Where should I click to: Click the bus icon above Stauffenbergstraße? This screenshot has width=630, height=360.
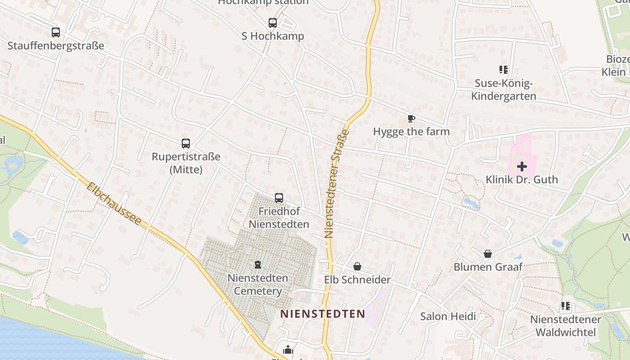(56, 32)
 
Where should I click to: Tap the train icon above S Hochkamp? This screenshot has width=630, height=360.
(273, 23)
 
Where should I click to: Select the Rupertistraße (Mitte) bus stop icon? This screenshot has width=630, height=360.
(186, 144)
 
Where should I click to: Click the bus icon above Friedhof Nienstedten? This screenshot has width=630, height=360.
(279, 198)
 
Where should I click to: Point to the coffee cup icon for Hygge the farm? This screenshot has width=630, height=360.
(411, 119)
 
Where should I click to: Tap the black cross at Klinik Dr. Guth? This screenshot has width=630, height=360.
(522, 166)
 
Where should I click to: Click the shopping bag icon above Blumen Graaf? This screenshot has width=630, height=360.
(487, 254)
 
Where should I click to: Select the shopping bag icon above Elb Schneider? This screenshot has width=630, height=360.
(357, 267)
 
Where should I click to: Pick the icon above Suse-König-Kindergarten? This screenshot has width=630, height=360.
(504, 70)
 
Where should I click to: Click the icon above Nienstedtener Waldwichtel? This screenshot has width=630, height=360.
(566, 306)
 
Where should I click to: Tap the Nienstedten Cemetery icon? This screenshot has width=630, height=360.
(258, 265)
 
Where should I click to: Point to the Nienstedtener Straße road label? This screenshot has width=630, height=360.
(337, 184)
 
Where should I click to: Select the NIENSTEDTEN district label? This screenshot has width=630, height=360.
(323, 314)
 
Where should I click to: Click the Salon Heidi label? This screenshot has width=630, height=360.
(448, 316)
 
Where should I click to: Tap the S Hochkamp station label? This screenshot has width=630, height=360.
(273, 36)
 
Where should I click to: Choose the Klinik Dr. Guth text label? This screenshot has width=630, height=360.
(522, 180)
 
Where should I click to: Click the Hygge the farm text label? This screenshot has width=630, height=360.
(411, 131)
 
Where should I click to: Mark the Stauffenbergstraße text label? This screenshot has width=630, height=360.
(56, 45)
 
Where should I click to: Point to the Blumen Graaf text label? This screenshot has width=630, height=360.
(488, 267)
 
